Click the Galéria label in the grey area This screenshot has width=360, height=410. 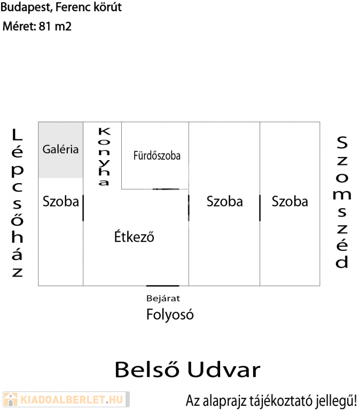pos(60,149)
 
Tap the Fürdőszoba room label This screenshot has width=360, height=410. pos(157,155)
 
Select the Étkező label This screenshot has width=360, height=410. pos(134,236)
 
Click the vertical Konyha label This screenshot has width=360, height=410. pos(104,156)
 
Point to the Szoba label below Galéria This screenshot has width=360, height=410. pos(61,202)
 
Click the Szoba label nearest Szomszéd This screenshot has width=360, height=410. pos(290,202)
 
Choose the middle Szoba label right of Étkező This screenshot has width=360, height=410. pos(225,202)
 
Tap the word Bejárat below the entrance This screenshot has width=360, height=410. pos(163,298)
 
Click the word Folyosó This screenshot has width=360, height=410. pos(170,314)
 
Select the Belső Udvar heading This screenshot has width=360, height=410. pos(187,369)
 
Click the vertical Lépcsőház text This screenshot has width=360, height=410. pos(17,203)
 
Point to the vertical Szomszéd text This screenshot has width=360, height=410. pos(342,202)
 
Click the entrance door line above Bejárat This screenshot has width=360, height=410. pos(163,286)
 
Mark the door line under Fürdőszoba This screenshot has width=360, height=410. pos(166,189)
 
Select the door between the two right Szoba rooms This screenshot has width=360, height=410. pos(260,208)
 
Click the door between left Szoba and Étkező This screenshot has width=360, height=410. pos(83,208)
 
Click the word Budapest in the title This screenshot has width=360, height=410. pos(26,7)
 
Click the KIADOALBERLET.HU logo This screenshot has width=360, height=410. pos(66,399)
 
